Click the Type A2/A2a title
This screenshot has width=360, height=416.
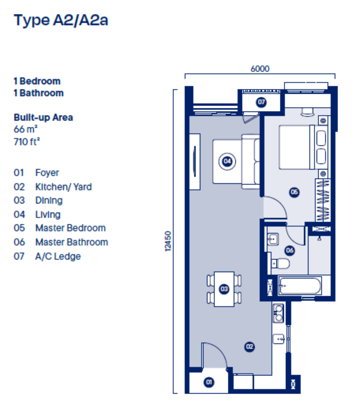click(x=61, y=20)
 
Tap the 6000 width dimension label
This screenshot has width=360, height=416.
click(x=260, y=69)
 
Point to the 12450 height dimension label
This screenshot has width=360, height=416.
click(x=168, y=241)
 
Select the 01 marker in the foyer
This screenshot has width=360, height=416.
click(x=209, y=382)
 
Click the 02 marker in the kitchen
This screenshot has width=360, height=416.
click(x=249, y=346)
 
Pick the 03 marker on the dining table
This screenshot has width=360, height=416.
click(x=224, y=289)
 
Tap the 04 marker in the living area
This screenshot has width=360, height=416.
click(x=227, y=161)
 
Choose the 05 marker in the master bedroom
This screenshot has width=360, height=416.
click(x=294, y=192)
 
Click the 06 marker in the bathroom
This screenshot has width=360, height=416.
click(x=290, y=250)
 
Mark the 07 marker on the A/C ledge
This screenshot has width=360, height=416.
click(x=261, y=102)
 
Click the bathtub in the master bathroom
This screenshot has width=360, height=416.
click(x=300, y=286)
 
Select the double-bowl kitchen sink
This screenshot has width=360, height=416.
click(x=278, y=313)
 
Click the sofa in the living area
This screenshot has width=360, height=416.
click(x=251, y=162)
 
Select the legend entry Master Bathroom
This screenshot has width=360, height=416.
click(x=72, y=242)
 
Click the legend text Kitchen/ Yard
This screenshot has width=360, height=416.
click(x=64, y=187)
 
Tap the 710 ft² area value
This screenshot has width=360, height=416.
click(x=27, y=142)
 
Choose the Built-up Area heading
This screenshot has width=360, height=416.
click(x=43, y=117)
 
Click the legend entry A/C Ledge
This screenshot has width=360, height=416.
click(x=58, y=256)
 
